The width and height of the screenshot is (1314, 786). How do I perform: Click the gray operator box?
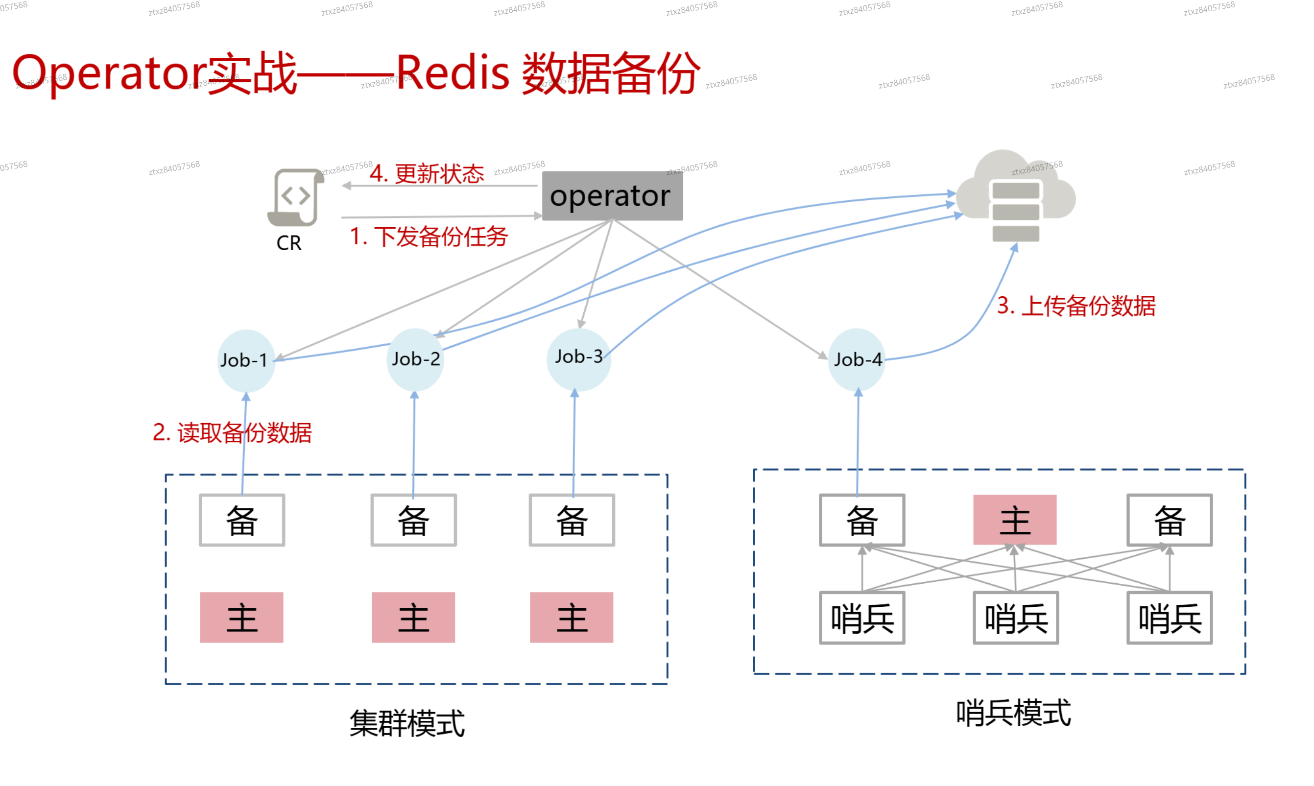(x=612, y=195)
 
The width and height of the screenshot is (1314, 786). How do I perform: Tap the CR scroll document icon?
(x=295, y=197)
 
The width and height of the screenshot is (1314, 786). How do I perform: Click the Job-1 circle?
(x=246, y=360)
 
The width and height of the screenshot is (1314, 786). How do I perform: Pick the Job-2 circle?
(x=415, y=359)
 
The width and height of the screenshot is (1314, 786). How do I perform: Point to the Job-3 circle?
(x=578, y=357)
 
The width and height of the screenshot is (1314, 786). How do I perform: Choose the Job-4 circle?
(x=857, y=359)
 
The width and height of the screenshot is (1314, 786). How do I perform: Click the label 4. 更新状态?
(x=427, y=174)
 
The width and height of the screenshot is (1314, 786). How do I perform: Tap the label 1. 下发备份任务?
(x=429, y=236)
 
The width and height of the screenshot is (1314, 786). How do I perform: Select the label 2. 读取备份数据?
(x=232, y=432)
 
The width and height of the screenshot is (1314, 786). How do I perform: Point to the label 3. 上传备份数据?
(x=1075, y=306)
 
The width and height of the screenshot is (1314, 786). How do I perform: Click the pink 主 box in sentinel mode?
(x=1014, y=520)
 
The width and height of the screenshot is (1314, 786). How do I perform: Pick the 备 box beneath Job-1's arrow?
(x=242, y=520)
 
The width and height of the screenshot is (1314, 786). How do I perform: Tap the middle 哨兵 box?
(x=1015, y=618)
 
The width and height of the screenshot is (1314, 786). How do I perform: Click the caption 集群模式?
(x=407, y=723)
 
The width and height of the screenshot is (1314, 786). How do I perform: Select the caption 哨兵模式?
(x=1013, y=713)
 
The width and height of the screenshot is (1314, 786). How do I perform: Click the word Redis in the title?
(x=453, y=73)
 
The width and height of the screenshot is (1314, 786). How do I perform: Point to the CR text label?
(x=288, y=243)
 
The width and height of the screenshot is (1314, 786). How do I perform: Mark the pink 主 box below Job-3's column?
(x=572, y=618)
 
